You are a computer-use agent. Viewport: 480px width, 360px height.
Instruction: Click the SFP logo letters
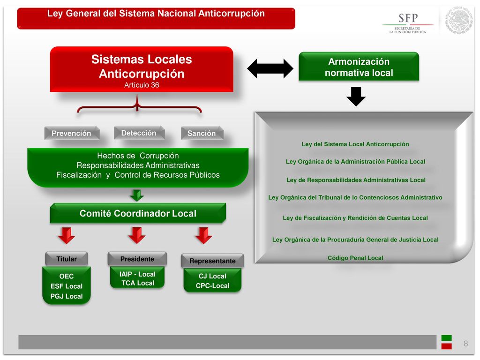(408, 18)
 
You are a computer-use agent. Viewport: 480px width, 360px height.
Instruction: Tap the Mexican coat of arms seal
(458, 20)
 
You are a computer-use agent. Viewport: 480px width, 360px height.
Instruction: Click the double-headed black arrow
(270, 68)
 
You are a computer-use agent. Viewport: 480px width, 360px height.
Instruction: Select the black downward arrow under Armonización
(356, 97)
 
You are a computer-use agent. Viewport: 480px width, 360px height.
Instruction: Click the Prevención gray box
(72, 133)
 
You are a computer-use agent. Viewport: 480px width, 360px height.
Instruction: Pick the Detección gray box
(139, 133)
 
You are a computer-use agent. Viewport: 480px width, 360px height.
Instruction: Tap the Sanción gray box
(202, 133)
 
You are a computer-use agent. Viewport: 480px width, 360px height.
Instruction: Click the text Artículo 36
(142, 85)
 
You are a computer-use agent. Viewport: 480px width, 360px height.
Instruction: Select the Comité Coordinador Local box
(138, 213)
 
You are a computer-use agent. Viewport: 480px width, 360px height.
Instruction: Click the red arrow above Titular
(67, 235)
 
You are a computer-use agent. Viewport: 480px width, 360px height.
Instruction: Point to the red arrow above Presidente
(137, 235)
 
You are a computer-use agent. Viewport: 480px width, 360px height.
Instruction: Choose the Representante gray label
(212, 261)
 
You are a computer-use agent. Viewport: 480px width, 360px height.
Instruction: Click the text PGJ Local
(67, 296)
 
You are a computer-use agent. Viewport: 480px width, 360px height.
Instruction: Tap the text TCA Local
(138, 283)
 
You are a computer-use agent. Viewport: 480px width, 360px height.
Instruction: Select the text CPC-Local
(212, 286)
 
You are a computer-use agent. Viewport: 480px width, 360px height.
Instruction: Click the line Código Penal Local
(355, 258)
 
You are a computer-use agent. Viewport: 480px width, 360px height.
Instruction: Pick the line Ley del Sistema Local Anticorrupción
(355, 144)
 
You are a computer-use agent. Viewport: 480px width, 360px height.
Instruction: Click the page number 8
(465, 344)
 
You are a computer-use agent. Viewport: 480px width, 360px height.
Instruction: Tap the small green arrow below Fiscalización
(136, 195)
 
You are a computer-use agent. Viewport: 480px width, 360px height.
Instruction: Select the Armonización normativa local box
(359, 67)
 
